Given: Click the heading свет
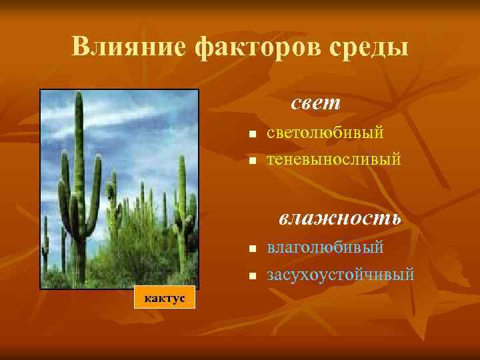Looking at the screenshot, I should [315, 103].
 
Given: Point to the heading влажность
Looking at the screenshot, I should [339, 218].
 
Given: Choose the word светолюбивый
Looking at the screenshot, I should [325, 133].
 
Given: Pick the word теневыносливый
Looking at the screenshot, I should [334, 160].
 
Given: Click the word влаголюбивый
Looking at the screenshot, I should [325, 247].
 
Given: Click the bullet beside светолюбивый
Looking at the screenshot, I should [252, 135].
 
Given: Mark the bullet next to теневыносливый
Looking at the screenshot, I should [252, 162].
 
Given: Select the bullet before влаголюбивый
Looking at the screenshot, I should [252, 249].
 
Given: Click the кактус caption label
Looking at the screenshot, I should [163, 297].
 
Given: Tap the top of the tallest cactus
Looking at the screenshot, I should [79, 97].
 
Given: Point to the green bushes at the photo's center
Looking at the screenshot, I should [133, 233].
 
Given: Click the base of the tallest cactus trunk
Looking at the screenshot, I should [80, 277].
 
